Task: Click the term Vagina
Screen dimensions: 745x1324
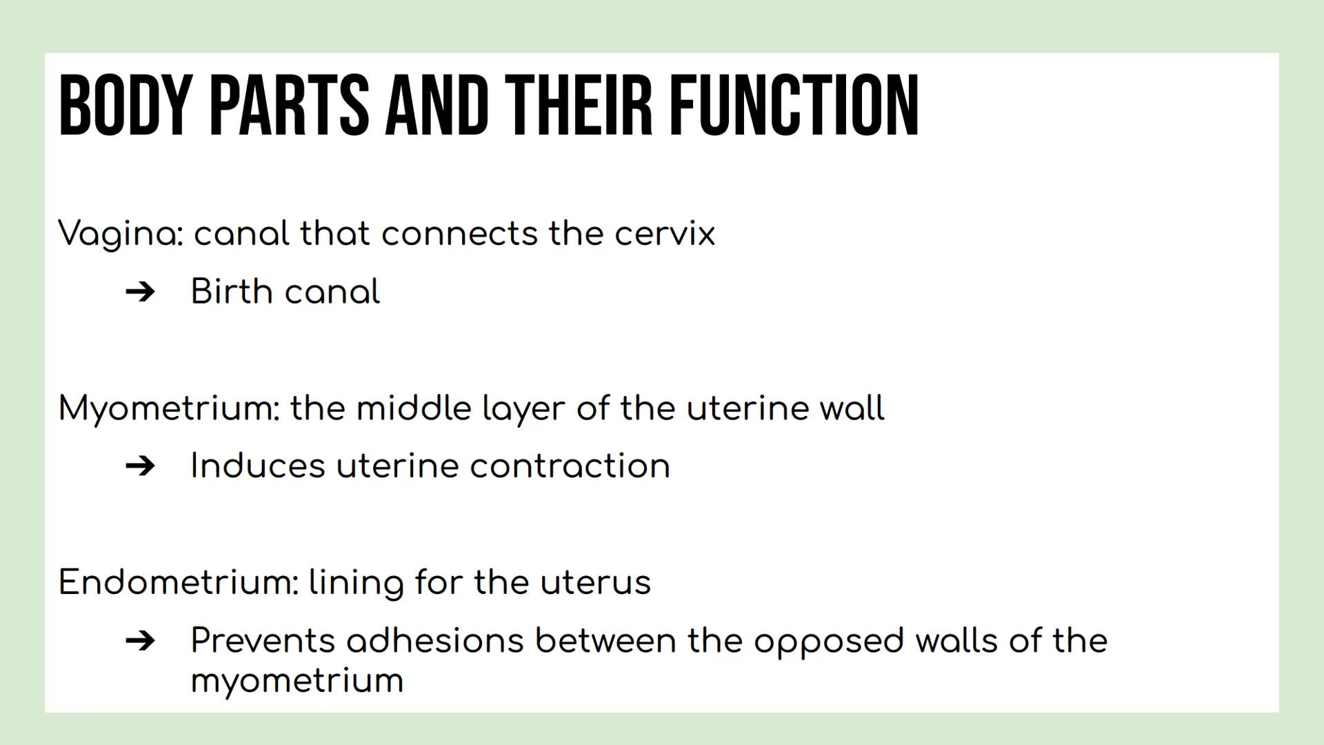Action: [x=121, y=234]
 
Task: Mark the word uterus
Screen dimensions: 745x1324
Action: [x=595, y=583]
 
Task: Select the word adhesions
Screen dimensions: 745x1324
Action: [x=435, y=641]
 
